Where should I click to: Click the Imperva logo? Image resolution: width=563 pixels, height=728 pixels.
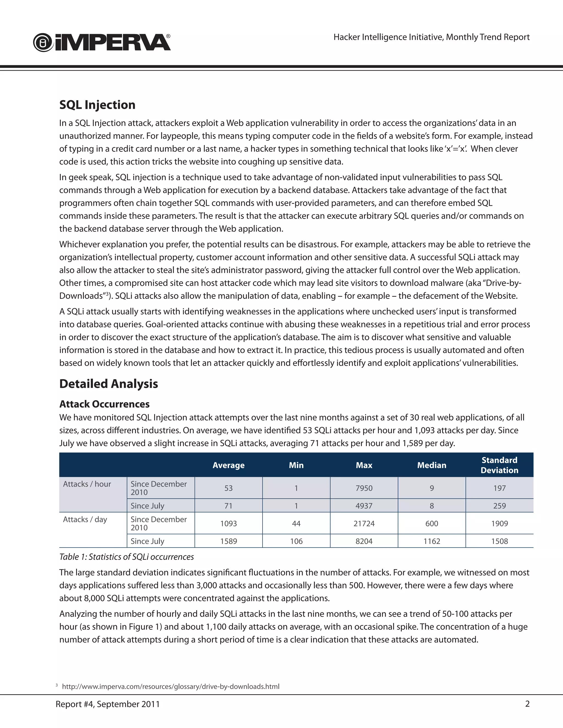tap(102, 42)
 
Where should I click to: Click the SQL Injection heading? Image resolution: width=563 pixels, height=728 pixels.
tap(97, 105)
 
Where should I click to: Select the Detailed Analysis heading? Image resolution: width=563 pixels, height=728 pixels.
tap(108, 384)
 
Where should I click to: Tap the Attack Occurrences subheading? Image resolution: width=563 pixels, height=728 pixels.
tap(104, 404)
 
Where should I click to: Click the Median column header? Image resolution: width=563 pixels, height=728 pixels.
tap(432, 465)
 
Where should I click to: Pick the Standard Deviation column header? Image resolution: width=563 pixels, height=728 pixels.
tap(499, 465)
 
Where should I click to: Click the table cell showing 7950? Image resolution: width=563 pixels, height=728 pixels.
tap(364, 488)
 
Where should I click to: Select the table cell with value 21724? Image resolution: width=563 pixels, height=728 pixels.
tap(364, 523)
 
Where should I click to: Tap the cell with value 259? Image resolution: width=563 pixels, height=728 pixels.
tap(499, 506)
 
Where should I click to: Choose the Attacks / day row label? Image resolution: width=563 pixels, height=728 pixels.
tap(85, 519)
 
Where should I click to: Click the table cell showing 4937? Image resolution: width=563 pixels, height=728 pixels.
tap(364, 506)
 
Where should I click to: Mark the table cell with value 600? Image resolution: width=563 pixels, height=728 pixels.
tap(432, 523)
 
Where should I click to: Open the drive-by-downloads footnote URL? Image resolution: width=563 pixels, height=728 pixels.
tap(170, 686)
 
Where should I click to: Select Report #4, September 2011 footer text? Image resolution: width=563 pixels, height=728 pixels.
tap(107, 704)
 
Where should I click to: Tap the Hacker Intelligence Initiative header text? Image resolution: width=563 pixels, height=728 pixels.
tap(431, 37)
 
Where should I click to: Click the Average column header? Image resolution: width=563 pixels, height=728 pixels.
tap(228, 465)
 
